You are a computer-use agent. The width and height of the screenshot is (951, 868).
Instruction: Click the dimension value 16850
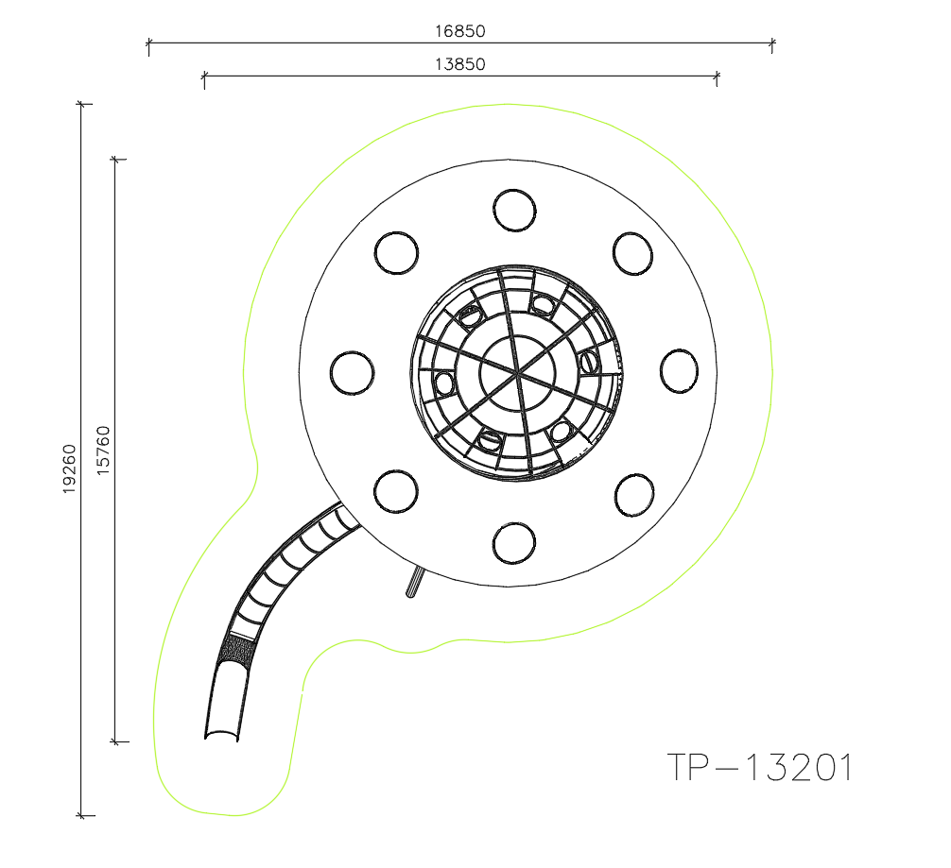coord(460,31)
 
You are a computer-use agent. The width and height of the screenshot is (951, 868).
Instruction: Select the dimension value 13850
coord(460,64)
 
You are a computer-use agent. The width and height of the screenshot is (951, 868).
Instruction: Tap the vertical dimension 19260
coord(70,468)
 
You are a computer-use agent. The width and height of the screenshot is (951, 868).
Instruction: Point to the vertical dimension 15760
coord(104,450)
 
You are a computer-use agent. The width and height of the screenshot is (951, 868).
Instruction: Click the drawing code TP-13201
coord(760,767)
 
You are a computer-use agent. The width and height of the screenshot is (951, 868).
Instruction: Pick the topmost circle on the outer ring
coord(514,211)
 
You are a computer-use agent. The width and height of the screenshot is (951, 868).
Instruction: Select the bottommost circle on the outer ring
coord(514,543)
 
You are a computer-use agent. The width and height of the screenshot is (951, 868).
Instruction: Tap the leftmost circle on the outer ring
coord(352,373)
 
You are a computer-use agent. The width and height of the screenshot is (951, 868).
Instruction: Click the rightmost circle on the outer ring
coord(679,371)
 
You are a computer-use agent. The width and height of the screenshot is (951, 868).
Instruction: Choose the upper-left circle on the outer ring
coord(397,253)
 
